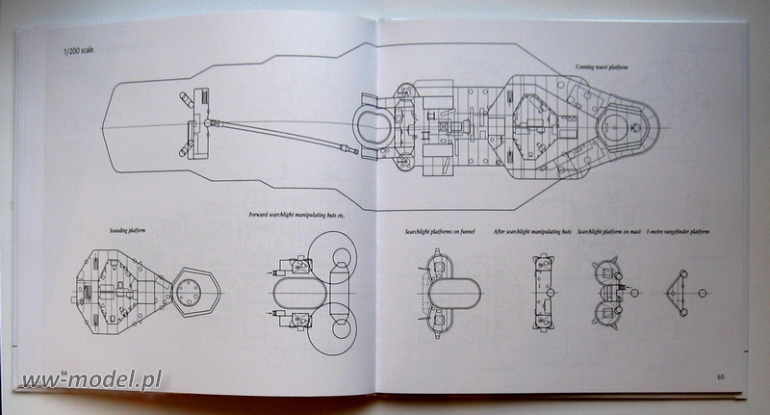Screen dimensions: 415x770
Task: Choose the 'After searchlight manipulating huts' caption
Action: pyautogui.click(x=531, y=231)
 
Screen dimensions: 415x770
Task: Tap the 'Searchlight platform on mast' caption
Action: pyautogui.click(x=611, y=231)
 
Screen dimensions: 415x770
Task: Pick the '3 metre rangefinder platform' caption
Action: pyautogui.click(x=685, y=231)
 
